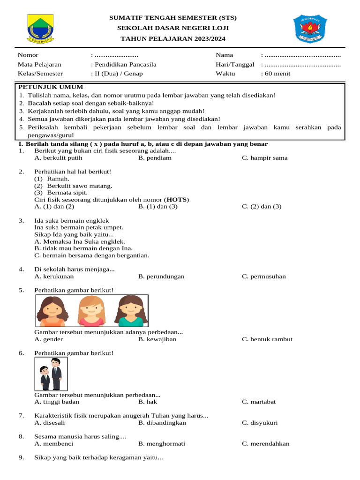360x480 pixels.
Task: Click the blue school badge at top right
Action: (310, 29)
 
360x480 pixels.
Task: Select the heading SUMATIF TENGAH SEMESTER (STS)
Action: (173, 18)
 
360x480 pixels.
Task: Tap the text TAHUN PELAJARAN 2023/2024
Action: (173, 38)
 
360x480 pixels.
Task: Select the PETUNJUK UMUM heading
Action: (50, 87)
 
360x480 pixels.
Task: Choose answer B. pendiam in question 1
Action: (155, 158)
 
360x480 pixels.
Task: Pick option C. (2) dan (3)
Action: (262, 206)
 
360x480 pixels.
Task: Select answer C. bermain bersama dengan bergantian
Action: (92, 255)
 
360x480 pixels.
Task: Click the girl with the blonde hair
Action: (91, 310)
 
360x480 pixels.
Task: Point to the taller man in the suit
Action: (56, 374)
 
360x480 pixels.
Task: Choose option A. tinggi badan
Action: (57, 402)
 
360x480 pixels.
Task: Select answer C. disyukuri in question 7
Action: (260, 423)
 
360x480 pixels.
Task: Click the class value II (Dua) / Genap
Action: (117, 74)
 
